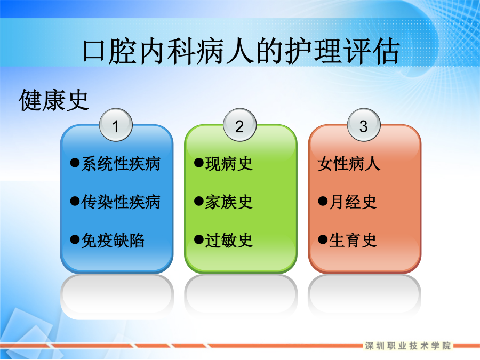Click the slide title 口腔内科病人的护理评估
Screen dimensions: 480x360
(241, 51)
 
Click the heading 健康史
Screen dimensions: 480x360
(54, 100)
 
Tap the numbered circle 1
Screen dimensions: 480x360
(116, 125)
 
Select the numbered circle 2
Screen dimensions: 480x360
(239, 125)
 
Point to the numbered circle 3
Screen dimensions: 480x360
(364, 125)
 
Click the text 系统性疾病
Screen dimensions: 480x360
(121, 164)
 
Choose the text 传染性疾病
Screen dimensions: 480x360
(121, 202)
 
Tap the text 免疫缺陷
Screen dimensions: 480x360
(113, 241)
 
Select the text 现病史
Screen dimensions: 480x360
(229, 164)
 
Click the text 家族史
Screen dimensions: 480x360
(229, 202)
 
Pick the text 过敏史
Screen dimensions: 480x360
(229, 241)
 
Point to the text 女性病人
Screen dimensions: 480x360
(349, 164)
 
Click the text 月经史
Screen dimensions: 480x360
(353, 202)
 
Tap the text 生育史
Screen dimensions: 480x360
(353, 241)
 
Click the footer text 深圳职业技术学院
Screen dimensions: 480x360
(408, 346)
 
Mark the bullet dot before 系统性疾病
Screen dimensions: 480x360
(75, 162)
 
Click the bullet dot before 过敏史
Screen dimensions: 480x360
(199, 239)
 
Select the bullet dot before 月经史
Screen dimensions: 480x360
(323, 201)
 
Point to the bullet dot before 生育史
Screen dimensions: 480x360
(323, 239)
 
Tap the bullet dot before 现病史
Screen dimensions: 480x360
(199, 162)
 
